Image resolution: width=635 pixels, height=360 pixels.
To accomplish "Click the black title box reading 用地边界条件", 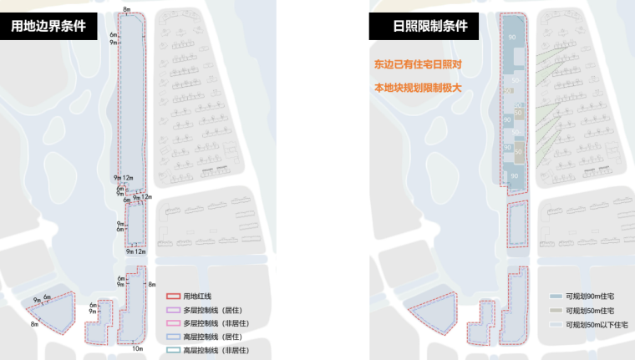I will [48, 27].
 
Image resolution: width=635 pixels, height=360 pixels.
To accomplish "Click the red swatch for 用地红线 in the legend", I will [174, 296].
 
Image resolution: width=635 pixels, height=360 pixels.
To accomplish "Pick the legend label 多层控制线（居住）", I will [213, 309].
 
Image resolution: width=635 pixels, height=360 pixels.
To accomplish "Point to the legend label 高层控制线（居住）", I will [213, 336].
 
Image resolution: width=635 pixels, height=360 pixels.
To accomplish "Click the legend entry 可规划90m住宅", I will [589, 297].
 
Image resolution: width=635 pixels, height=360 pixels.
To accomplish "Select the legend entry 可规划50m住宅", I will [589, 311].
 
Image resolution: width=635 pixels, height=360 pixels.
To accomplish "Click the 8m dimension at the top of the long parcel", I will [126, 8].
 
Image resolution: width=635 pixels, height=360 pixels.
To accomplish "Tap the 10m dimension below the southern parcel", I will [136, 348].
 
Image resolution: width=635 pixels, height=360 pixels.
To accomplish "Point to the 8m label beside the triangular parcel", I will [34, 324].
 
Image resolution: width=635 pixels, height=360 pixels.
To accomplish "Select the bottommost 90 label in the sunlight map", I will [514, 176].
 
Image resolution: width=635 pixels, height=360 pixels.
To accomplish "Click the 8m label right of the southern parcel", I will [152, 286].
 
